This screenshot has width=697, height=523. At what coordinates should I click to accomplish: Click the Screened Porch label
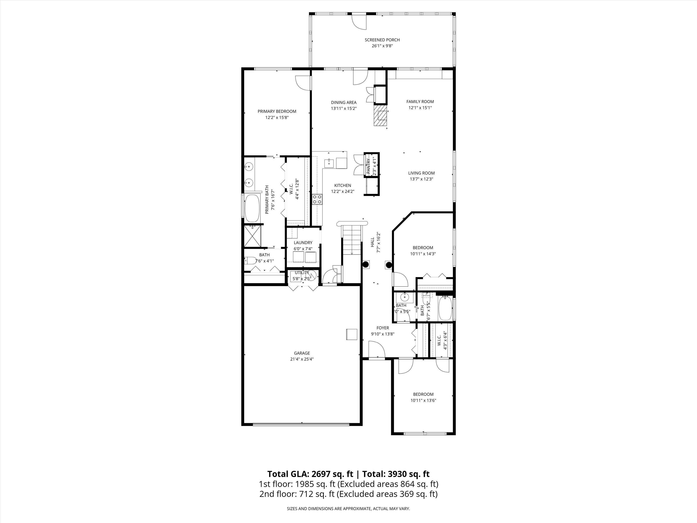tap(382, 40)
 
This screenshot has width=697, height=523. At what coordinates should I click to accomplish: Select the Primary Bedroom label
tap(277, 111)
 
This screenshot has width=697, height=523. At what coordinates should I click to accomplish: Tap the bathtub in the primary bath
tap(252, 208)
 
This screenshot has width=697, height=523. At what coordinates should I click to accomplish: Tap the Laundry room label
tap(303, 242)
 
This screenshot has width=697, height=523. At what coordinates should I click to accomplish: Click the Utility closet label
tap(302, 273)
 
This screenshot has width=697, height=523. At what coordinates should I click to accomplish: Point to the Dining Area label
tap(344, 102)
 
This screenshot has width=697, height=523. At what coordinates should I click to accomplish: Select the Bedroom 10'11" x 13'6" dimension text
tap(423, 400)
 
